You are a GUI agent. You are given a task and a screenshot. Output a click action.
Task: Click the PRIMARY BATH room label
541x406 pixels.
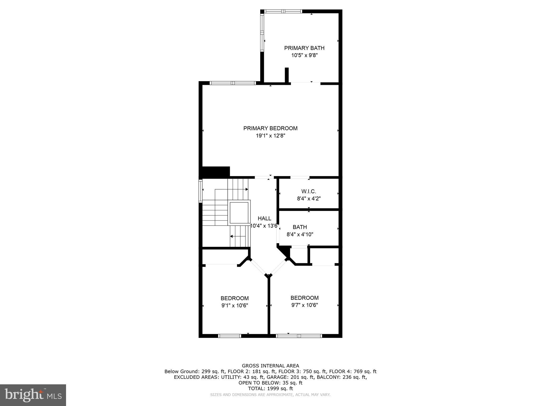tap(304, 48)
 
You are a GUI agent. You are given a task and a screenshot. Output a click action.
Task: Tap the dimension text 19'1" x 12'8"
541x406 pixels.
tap(270, 136)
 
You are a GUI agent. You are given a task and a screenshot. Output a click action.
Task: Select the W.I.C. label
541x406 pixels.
tap(309, 191)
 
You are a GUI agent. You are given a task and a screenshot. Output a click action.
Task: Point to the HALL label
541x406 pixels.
tap(264, 218)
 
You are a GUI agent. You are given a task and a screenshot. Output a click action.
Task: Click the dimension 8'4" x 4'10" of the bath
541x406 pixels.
tap(300, 234)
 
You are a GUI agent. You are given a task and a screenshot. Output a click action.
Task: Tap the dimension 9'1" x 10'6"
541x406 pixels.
tap(235, 306)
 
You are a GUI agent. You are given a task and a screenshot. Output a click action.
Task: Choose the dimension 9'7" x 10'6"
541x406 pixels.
tap(304, 305)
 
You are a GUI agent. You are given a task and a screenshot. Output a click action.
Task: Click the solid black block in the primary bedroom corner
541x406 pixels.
tap(216, 172)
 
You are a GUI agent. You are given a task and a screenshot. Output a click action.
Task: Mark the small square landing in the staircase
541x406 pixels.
tap(239, 213)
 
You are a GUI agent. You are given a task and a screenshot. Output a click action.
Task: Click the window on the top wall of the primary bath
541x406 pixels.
tap(283, 11)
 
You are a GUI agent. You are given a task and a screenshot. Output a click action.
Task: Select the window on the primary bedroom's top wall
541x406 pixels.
tap(233, 83)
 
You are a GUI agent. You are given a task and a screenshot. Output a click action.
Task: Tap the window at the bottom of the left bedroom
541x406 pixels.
tap(230, 336)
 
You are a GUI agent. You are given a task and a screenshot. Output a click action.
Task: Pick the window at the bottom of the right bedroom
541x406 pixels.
tap(299, 336)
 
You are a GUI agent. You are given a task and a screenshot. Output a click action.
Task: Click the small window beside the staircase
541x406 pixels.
tap(200, 191)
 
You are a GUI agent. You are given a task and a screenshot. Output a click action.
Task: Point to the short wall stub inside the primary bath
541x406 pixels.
tap(287, 75)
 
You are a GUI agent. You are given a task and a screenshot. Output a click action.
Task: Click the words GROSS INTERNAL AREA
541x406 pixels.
tap(270, 366)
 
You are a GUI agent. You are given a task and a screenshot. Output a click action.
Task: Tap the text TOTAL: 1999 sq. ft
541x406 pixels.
tap(270, 389)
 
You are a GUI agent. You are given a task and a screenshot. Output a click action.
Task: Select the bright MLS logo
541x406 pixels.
tap(33, 395)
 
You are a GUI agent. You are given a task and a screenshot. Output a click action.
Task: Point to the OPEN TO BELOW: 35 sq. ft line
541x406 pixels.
tap(270, 383)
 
